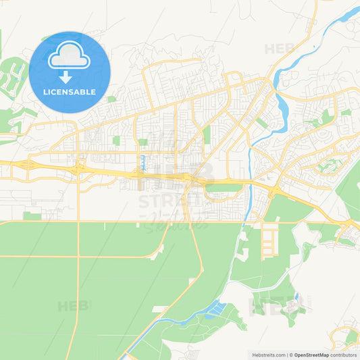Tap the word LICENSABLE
tap(70, 92)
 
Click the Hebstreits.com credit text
tap(267, 355)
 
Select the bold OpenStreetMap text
tap(311, 355)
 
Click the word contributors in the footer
tap(344, 355)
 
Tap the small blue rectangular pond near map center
tap(143, 162)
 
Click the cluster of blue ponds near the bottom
tap(215, 310)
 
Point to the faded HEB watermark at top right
tap(280, 49)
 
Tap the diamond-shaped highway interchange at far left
tap(27, 165)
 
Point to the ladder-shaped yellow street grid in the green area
tap(269, 240)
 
